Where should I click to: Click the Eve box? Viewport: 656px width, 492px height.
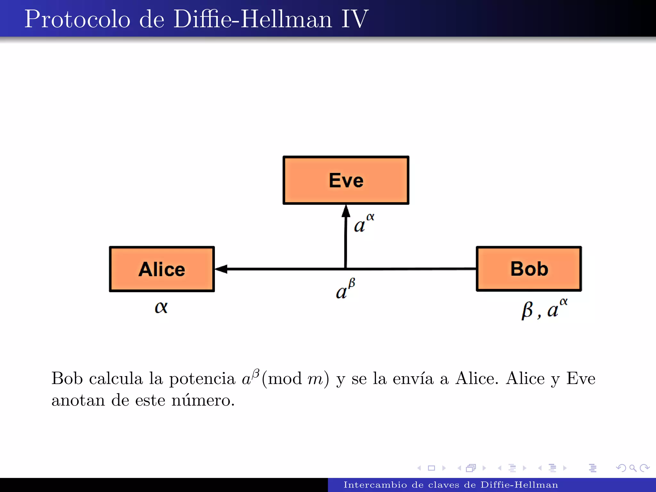[x=346, y=180]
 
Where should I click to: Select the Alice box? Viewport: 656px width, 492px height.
[x=162, y=269]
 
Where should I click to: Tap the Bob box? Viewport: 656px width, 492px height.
[x=529, y=269]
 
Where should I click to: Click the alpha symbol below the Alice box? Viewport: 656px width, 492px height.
[x=161, y=307]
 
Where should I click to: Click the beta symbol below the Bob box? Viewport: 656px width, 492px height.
[x=527, y=310]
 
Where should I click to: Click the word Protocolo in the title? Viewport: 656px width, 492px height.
[x=77, y=19]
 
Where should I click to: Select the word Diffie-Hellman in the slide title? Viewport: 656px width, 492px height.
[x=253, y=19]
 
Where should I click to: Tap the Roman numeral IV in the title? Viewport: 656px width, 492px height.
[x=355, y=19]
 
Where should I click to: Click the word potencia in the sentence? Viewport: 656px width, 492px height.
[x=202, y=379]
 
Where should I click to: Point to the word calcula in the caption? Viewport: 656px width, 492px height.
[x=116, y=379]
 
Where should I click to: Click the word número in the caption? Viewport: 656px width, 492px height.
[x=203, y=400]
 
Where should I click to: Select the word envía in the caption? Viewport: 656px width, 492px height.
[x=413, y=379]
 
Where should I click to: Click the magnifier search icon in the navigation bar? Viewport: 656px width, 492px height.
[x=633, y=468]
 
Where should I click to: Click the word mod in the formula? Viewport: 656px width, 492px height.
[x=285, y=379]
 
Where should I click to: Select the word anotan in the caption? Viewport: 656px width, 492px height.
[x=78, y=400]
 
